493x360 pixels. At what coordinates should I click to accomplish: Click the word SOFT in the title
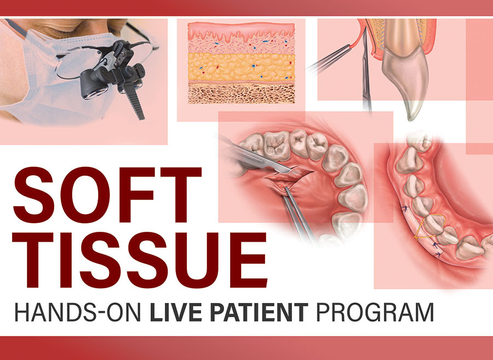coord(107,195)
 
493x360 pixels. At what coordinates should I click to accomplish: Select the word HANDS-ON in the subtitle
coord(77,312)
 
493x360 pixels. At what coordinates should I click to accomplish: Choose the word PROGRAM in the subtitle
coord(375,312)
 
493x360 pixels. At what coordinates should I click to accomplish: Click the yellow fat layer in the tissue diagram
coord(241,67)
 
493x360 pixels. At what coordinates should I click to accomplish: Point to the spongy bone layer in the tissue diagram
coord(241,94)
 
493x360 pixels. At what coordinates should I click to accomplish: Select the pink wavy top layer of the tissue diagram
coord(241,31)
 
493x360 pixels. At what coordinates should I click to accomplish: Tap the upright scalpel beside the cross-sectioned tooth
coord(366,69)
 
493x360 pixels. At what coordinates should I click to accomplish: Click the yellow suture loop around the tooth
coord(429,227)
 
